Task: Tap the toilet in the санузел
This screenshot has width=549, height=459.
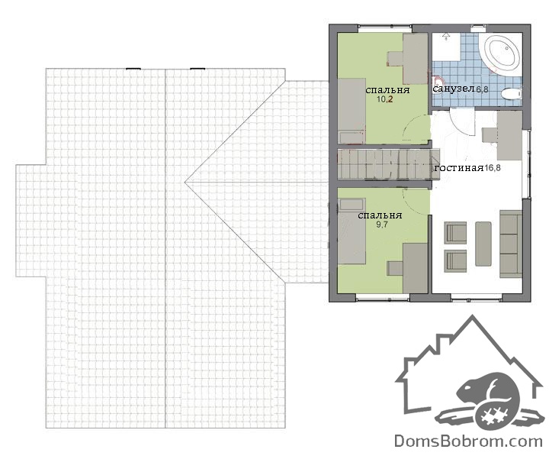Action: point(511,94)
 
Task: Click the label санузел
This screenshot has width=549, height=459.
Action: point(454,89)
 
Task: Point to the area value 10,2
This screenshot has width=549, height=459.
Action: point(385,99)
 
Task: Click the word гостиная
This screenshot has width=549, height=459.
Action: point(459,168)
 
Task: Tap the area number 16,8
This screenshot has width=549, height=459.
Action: point(493,168)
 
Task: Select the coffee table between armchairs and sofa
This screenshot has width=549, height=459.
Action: point(483,244)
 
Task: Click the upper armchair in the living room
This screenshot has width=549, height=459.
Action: point(455,232)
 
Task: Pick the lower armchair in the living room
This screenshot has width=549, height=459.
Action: point(455,260)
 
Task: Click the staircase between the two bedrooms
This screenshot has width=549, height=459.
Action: point(388,164)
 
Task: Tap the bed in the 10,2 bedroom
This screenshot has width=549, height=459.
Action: point(352,111)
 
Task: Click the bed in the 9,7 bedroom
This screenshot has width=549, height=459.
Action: point(352,231)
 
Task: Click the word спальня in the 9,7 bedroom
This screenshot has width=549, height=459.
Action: point(380,215)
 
